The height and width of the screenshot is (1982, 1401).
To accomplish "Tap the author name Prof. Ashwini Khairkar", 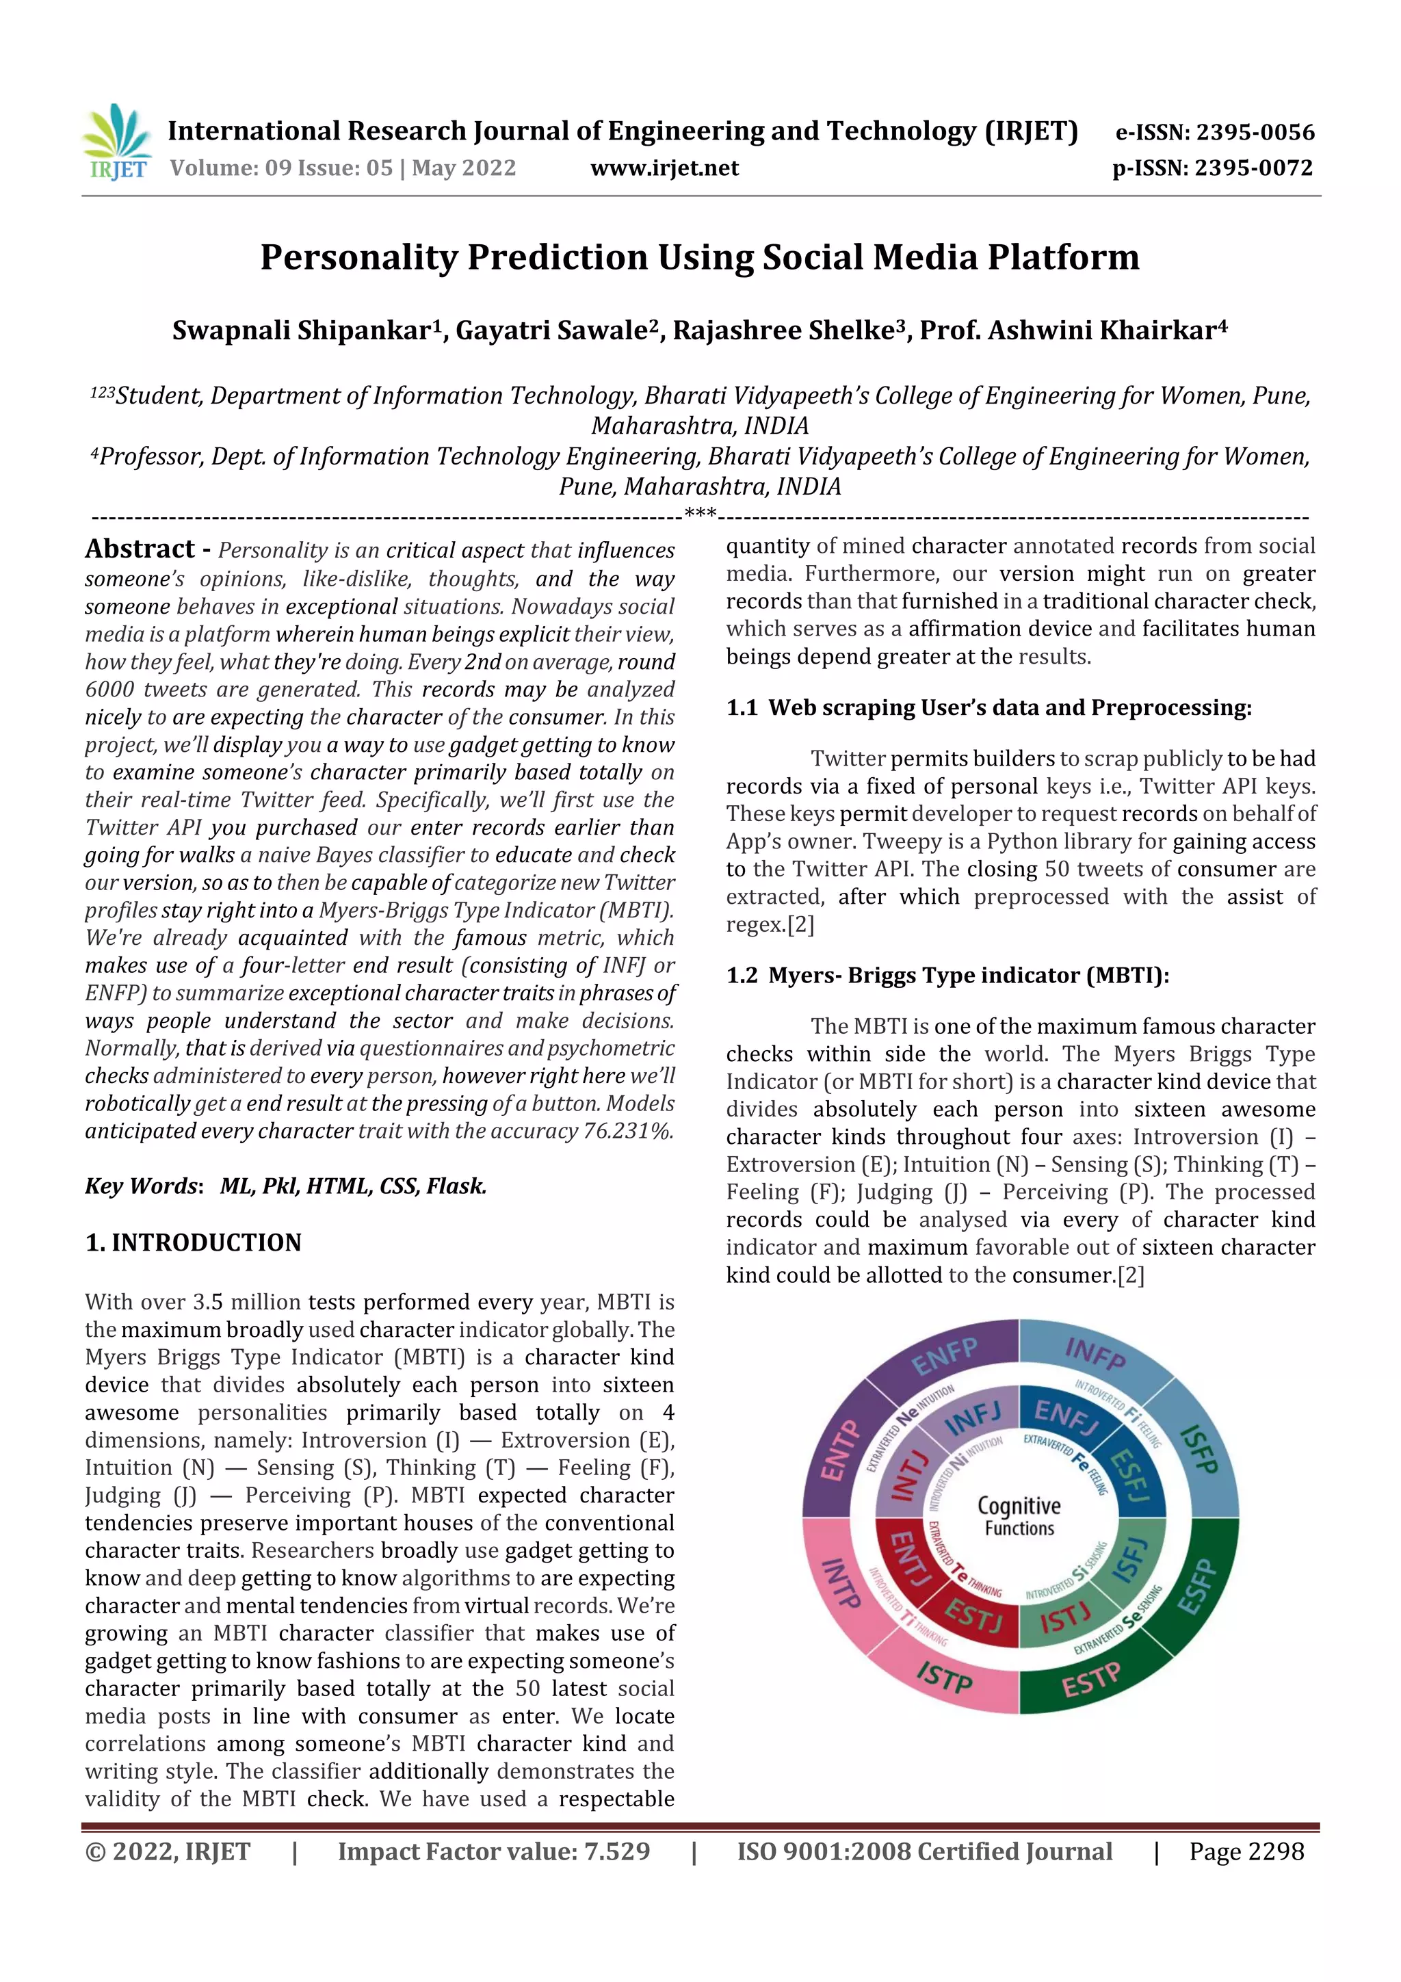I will (x=1071, y=330).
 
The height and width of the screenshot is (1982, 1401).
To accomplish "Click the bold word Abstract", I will (x=140, y=549).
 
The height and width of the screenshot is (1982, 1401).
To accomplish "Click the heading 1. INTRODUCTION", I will (x=194, y=1242).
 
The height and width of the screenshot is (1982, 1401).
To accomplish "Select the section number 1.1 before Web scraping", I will (x=742, y=708).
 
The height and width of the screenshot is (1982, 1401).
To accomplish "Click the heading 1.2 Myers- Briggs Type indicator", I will (x=947, y=976).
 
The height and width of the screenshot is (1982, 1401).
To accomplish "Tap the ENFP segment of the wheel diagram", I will (x=944, y=1356).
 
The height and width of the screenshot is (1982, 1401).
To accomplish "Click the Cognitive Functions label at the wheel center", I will (x=1019, y=1517).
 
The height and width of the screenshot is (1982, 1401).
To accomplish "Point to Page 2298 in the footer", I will (x=1246, y=1851).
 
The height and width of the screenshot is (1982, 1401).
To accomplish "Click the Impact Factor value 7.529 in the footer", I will (x=616, y=1851).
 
